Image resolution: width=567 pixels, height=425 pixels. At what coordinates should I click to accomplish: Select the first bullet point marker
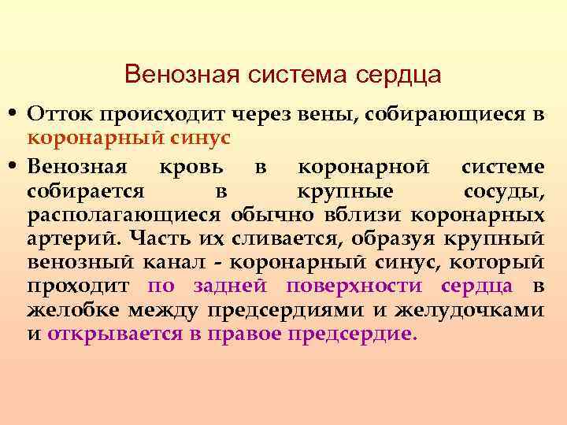(15, 115)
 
